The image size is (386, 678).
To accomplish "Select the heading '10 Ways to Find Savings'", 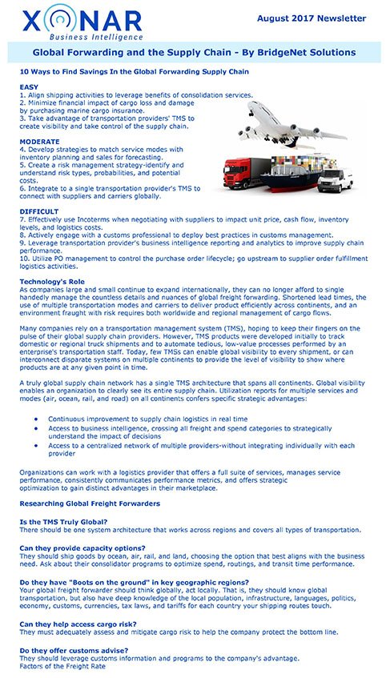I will [x=134, y=72].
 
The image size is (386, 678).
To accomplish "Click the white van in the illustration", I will [x=335, y=179].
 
